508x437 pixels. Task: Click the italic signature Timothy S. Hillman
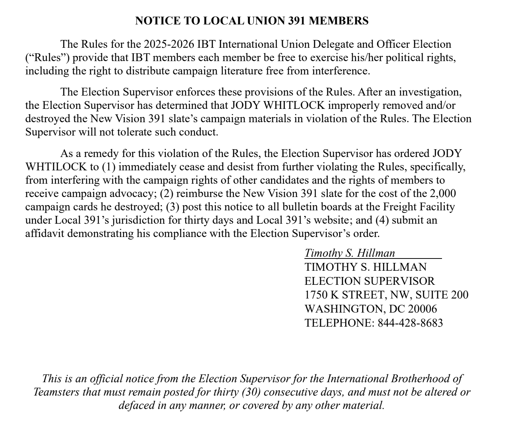click(x=350, y=253)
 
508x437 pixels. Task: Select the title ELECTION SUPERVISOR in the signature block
click(x=370, y=281)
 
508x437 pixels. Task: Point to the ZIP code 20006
click(x=422, y=308)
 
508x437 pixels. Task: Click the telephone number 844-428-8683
click(x=410, y=323)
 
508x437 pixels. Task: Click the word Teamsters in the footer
click(x=56, y=392)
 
